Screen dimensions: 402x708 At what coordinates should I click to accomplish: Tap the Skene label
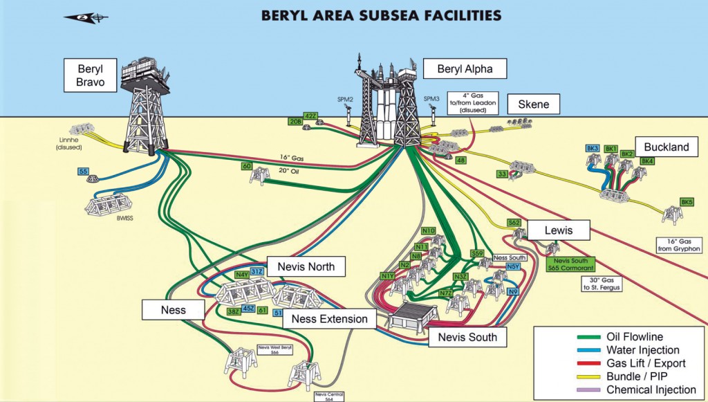tap(533, 104)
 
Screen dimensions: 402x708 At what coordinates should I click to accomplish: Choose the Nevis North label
tap(306, 266)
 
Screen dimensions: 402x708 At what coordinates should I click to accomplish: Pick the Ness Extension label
tap(329, 319)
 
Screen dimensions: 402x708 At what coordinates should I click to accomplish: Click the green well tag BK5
tap(687, 202)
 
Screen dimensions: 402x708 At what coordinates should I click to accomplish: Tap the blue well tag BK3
tap(592, 149)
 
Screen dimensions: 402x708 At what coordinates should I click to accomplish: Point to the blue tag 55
tap(84, 171)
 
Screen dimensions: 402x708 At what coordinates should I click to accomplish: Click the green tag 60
tap(246, 166)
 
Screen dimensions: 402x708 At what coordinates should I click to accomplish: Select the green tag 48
tap(460, 161)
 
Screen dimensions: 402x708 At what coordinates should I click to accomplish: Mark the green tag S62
tap(514, 223)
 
